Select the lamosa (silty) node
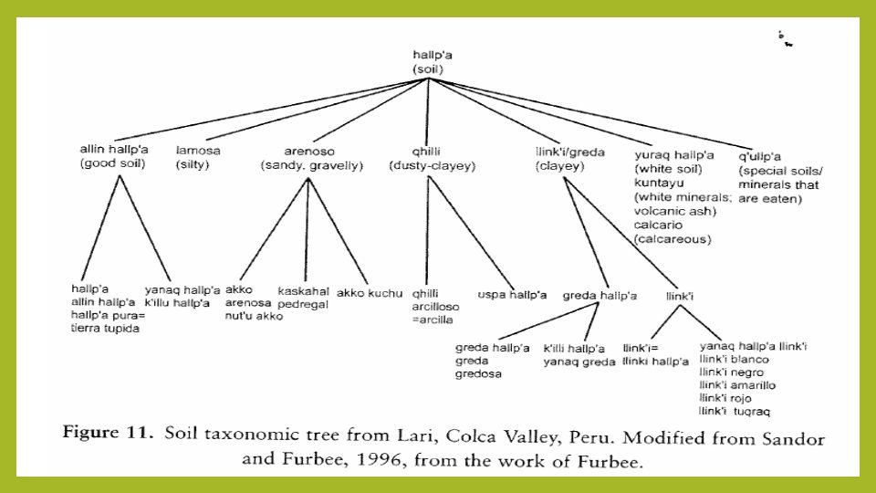(x=199, y=157)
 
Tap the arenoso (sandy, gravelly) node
(x=311, y=157)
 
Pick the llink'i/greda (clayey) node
(x=570, y=157)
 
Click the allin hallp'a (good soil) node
(x=116, y=156)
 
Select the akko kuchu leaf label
(x=370, y=293)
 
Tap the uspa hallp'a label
(x=512, y=294)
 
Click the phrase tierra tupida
(x=105, y=328)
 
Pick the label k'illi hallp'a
(x=574, y=348)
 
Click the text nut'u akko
(x=254, y=316)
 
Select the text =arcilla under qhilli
(x=432, y=320)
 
